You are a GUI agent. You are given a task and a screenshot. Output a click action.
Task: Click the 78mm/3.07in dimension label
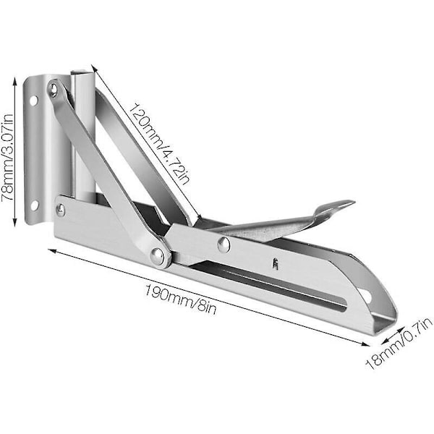tap(7, 158)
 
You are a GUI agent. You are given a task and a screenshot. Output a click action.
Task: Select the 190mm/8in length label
tap(180, 300)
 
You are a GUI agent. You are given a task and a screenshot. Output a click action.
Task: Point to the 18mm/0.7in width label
tap(399, 344)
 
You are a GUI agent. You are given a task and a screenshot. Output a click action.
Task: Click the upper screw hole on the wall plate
tap(33, 101)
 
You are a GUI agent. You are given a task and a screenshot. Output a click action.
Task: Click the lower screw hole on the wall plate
tap(35, 205)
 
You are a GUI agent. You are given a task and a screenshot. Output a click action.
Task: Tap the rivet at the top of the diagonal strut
tap(53, 89)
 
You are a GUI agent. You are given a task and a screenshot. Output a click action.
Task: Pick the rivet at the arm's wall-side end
tap(61, 210)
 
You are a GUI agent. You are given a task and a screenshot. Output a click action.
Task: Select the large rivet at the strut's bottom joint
tap(157, 255)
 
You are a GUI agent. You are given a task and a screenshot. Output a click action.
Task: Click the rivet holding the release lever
tap(224, 244)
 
